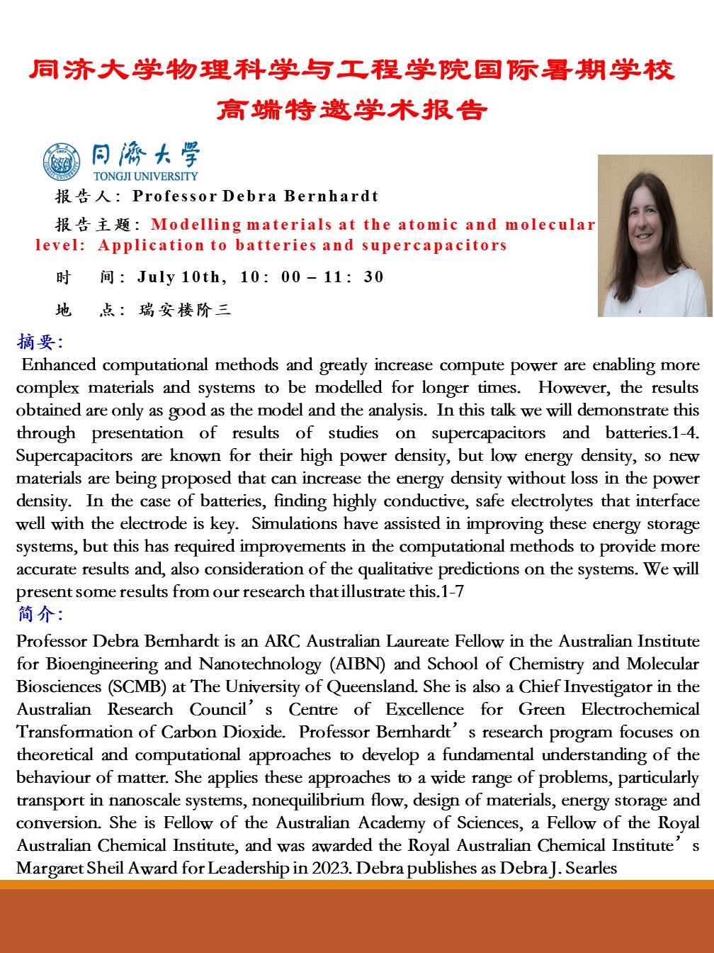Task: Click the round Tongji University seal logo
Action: coord(62,162)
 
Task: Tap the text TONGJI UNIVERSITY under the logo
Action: coord(145,176)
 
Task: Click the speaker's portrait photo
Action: coord(654,235)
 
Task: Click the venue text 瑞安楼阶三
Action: coord(185,310)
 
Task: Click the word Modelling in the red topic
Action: coord(196,225)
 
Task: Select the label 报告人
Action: coord(84,196)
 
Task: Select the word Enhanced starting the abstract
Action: coord(59,364)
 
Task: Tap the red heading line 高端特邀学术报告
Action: coord(352,110)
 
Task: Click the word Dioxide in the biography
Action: coord(254,732)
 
